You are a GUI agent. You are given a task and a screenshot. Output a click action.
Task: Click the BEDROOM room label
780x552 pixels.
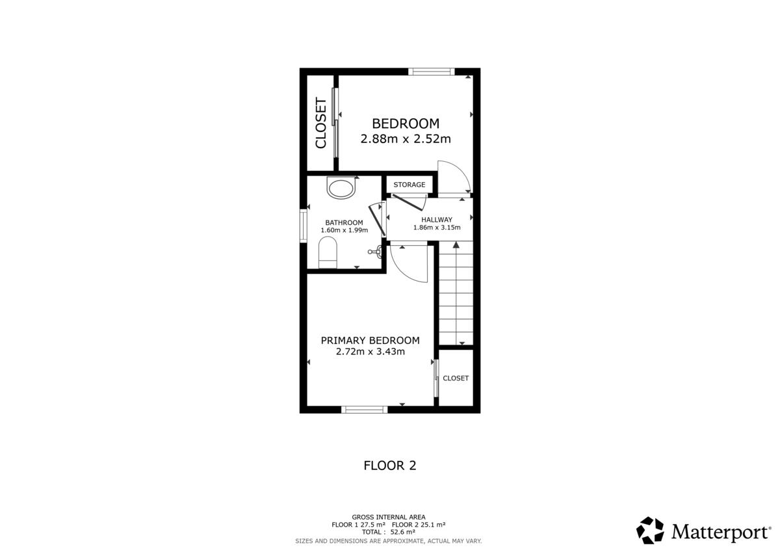[406, 124]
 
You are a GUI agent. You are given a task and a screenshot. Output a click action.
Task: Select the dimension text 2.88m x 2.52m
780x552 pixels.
[406, 139]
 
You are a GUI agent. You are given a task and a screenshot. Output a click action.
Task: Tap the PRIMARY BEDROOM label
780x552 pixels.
[370, 340]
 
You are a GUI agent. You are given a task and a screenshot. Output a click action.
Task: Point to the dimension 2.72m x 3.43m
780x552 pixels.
[370, 351]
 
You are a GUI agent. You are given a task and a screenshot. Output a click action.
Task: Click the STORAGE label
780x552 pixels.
[409, 185]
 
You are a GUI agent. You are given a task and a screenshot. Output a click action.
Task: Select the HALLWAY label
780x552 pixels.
[437, 220]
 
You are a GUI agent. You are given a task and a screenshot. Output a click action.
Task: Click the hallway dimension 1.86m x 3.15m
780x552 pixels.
[437, 228]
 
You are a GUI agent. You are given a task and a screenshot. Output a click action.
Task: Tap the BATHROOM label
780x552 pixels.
[344, 222]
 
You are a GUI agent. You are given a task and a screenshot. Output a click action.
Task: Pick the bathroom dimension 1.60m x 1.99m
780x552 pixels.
[344, 230]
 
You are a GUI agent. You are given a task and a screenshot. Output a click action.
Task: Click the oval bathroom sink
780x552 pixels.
[341, 188]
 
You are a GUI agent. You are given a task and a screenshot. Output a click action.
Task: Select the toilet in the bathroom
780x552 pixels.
[328, 252]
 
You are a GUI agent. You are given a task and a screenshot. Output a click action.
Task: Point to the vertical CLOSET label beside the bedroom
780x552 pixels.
[321, 123]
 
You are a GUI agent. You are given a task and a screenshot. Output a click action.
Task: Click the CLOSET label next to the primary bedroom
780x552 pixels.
[456, 378]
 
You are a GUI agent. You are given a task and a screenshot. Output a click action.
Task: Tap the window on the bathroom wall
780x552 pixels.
[304, 226]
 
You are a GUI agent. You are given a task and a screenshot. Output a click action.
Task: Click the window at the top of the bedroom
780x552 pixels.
[432, 72]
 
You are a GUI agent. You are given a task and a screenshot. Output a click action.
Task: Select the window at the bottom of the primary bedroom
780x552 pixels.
[364, 410]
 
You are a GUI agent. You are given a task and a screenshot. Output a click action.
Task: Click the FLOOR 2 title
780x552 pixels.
[390, 466]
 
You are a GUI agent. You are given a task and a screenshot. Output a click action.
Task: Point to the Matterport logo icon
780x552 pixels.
[650, 531]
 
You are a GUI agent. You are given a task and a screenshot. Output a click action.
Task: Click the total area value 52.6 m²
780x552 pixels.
[403, 532]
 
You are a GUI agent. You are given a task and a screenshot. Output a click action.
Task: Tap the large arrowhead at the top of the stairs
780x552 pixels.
[456, 245]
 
